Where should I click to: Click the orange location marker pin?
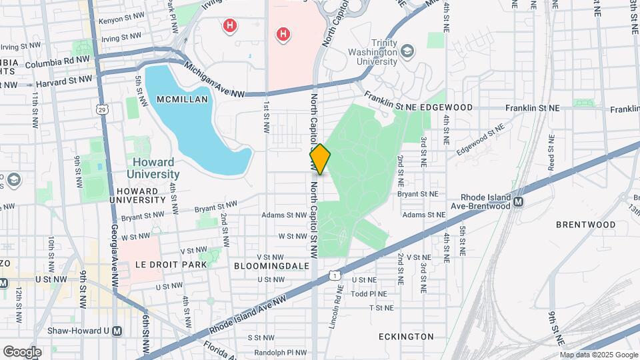pos(320,159)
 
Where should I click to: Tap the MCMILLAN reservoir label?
pos(182,99)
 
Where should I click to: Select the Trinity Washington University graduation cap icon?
pos(407,51)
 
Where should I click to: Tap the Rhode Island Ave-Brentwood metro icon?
pos(518,201)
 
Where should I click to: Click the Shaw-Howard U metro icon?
pos(117,331)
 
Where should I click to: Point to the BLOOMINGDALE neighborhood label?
pos(272,265)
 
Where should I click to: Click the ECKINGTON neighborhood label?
pos(405,337)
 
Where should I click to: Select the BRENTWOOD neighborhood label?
pos(585,225)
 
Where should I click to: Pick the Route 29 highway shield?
pos(101,109)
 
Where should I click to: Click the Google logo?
pos(22,352)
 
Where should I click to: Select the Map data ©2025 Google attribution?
pos(598,355)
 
